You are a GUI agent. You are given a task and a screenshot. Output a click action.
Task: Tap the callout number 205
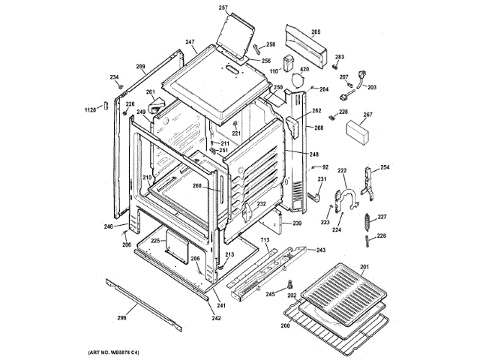[x=316, y=31]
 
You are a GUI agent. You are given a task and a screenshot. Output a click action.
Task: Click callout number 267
[x=367, y=115]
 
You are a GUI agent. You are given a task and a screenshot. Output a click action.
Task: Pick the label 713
[x=265, y=240]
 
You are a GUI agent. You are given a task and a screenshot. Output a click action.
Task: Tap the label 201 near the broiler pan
[x=365, y=268]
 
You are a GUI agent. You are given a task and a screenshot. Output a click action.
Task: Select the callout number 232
[x=262, y=204]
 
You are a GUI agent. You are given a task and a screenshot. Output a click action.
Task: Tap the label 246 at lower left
[x=108, y=226]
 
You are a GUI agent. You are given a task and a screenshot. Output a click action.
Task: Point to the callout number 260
[x=196, y=187]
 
